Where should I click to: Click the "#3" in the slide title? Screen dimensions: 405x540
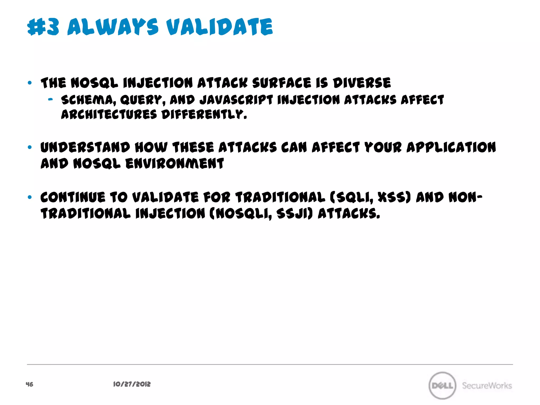coord(43,27)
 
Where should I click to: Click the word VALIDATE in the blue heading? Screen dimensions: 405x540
coord(219,27)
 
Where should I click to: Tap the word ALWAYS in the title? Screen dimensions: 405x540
coord(113,27)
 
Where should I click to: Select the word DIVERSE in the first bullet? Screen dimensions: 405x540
coord(361,83)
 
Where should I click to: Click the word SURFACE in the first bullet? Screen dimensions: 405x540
coord(282,83)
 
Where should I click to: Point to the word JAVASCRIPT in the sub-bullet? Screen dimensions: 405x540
coord(236,100)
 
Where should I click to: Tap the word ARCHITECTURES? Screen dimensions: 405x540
coord(109,115)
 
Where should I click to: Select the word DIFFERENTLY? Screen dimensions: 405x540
coord(204,115)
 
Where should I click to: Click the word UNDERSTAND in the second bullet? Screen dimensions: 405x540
coord(85,147)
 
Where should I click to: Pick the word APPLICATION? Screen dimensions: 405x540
coord(451,147)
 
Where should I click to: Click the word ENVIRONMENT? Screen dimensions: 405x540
coord(175,163)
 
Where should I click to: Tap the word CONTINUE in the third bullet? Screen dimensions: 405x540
coord(73,197)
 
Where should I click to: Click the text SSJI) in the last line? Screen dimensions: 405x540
coord(295,214)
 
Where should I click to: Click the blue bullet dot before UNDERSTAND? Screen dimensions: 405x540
coord(30,147)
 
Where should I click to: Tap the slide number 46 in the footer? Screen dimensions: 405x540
coord(30,384)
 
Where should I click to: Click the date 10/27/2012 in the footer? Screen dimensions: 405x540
coord(132,384)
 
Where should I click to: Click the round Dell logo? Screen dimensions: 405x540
coord(442,385)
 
